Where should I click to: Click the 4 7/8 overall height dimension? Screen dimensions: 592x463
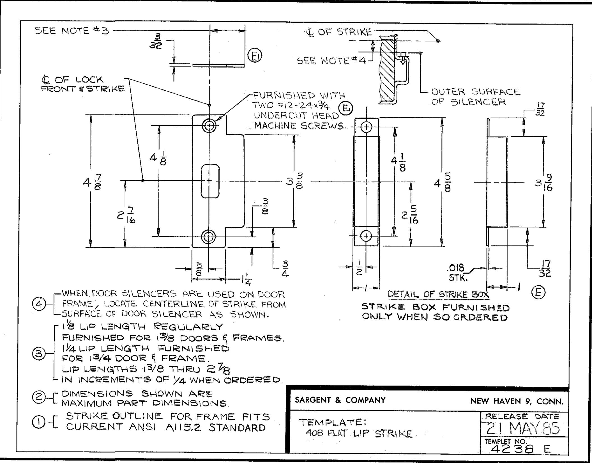(92, 182)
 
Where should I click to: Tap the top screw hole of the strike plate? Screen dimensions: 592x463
(209, 125)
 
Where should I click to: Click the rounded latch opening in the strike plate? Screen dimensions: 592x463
(210, 181)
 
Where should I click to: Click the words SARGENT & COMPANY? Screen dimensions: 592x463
(340, 400)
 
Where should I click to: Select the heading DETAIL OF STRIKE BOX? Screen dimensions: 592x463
(438, 294)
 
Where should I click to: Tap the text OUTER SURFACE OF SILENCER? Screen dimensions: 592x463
(475, 97)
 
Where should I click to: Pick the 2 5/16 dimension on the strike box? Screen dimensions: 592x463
(410, 216)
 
